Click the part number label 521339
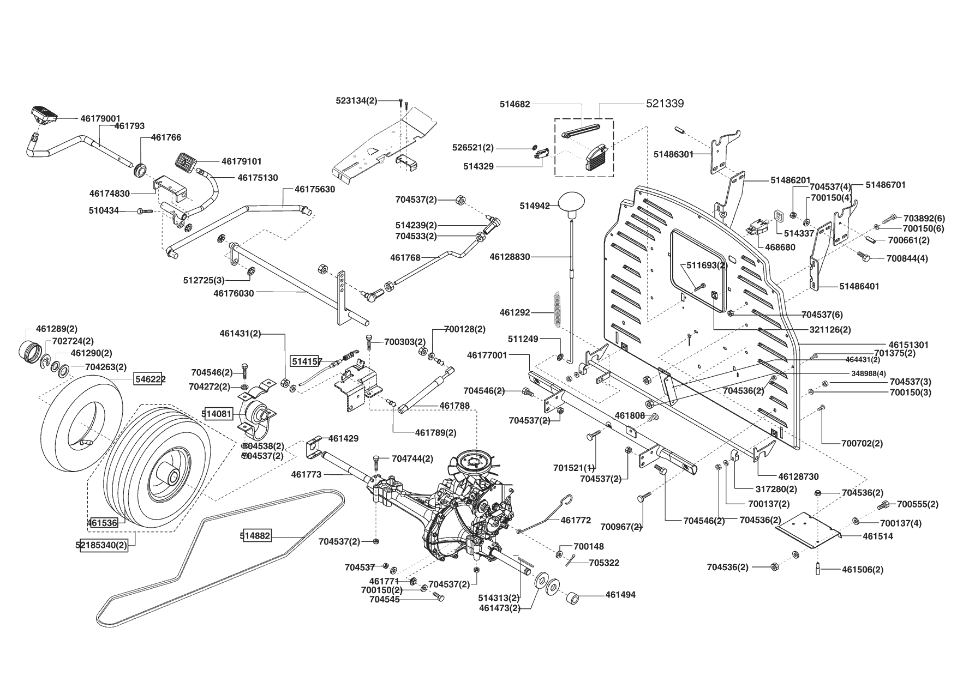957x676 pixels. pyautogui.click(x=665, y=104)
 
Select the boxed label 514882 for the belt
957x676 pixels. pyautogui.click(x=255, y=536)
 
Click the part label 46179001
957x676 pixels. pyautogui.click(x=100, y=118)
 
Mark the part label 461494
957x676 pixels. pyautogui.click(x=620, y=595)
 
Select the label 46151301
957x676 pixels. pyautogui.click(x=908, y=345)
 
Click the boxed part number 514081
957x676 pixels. pyautogui.click(x=217, y=414)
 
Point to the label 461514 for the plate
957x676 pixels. pyautogui.click(x=878, y=536)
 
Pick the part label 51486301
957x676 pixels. pyautogui.click(x=673, y=154)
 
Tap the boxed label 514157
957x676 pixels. pyautogui.click(x=306, y=361)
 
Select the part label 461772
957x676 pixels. pyautogui.click(x=576, y=521)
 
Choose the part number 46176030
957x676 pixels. pyautogui.click(x=234, y=293)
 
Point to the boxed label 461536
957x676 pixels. pyautogui.click(x=102, y=523)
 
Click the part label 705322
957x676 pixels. pyautogui.click(x=604, y=563)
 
